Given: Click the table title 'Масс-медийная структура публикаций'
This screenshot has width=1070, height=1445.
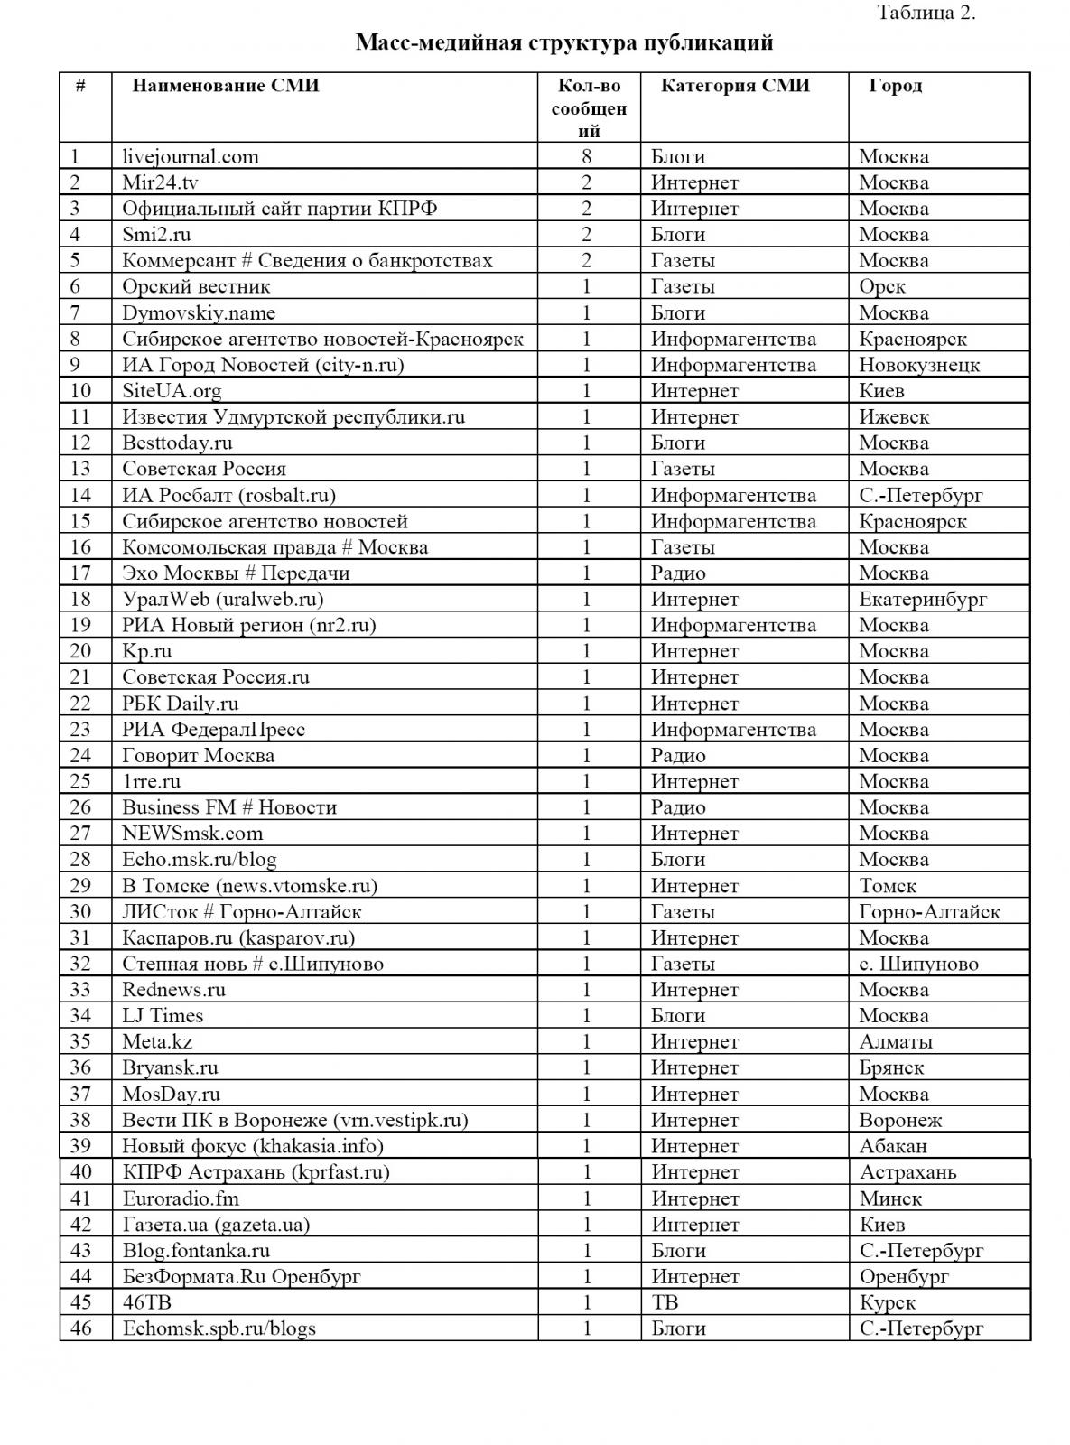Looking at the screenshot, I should tap(564, 42).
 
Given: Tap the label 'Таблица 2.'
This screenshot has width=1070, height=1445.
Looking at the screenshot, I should tap(926, 13).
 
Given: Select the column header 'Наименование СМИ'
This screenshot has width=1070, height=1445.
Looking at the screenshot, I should tap(226, 86).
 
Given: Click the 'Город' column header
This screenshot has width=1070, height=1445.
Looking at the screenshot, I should tap(895, 86).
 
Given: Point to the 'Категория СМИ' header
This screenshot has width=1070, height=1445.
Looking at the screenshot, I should tap(735, 86).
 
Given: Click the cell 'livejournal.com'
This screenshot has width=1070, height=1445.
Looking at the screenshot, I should tap(191, 156).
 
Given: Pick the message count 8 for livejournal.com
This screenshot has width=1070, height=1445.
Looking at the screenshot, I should tap(588, 156).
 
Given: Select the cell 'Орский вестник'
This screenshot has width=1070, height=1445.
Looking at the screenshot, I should tap(196, 286).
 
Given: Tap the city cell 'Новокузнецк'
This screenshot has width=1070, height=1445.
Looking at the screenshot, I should tap(919, 365).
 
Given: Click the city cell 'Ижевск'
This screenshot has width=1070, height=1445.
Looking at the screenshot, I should tap(894, 417).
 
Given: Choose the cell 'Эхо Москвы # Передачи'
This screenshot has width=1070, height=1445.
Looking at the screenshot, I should tap(236, 573).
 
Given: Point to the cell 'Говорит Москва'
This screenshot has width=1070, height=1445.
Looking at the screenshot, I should tap(199, 755).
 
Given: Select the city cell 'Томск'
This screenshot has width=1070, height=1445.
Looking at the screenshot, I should tap(888, 886).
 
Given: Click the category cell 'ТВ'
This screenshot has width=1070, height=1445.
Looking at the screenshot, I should tap(665, 1302).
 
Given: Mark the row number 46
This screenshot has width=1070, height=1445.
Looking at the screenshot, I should tap(81, 1328).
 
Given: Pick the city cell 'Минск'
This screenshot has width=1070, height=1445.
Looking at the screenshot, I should tap(890, 1198).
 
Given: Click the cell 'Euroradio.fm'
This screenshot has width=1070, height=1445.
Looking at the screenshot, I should tap(181, 1198).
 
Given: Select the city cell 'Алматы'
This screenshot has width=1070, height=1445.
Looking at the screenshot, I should tap(896, 1041).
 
